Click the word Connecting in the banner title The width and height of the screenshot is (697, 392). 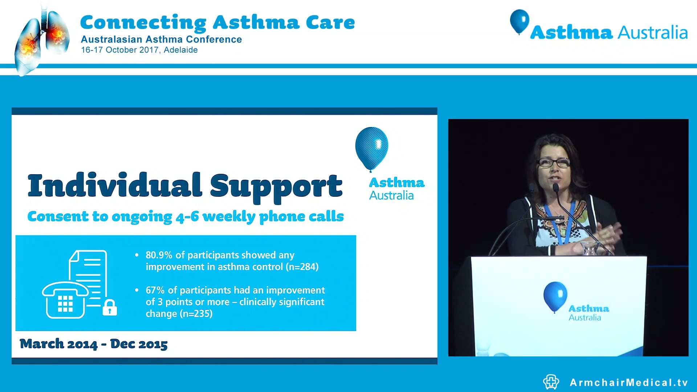143,23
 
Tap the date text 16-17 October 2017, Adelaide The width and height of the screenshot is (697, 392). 139,50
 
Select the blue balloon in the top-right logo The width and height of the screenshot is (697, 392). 519,21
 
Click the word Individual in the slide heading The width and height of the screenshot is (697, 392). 114,186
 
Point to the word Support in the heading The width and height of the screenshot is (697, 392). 276,187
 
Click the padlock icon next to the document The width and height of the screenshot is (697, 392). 110,307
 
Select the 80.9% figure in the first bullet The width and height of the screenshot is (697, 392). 159,255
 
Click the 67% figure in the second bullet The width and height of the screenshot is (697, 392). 155,290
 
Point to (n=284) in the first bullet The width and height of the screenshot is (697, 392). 302,267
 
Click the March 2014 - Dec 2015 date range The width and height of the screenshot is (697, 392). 94,344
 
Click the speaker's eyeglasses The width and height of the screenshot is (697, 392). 553,163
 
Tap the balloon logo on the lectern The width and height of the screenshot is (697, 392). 555,296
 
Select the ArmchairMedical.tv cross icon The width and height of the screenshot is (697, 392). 551,382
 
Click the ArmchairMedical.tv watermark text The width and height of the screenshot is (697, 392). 629,383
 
